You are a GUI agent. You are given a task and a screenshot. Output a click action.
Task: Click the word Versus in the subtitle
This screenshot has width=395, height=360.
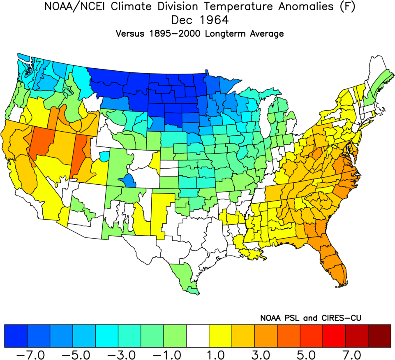click(130, 34)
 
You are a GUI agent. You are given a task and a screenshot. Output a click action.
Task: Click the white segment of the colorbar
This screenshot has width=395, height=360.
click(198, 335)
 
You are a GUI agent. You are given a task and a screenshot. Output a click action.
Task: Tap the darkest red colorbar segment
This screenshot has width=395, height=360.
click(379, 335)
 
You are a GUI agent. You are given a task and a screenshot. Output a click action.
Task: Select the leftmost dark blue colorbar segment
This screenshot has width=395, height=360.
click(16, 335)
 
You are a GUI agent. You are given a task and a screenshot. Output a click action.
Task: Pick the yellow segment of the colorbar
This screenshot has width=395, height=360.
click(220, 335)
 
